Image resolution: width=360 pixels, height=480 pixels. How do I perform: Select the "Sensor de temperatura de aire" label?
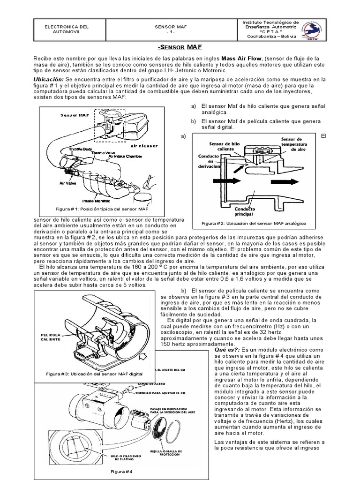coord(294,144)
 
